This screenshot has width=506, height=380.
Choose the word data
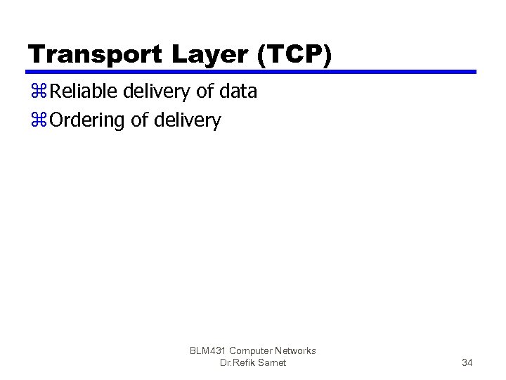click(238, 91)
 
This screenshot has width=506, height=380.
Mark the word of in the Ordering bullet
click(140, 121)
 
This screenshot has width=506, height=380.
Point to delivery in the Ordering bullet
click(186, 121)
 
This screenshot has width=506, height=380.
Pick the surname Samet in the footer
click(273, 362)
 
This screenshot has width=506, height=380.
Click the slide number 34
click(467, 362)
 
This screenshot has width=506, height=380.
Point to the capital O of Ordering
click(58, 121)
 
